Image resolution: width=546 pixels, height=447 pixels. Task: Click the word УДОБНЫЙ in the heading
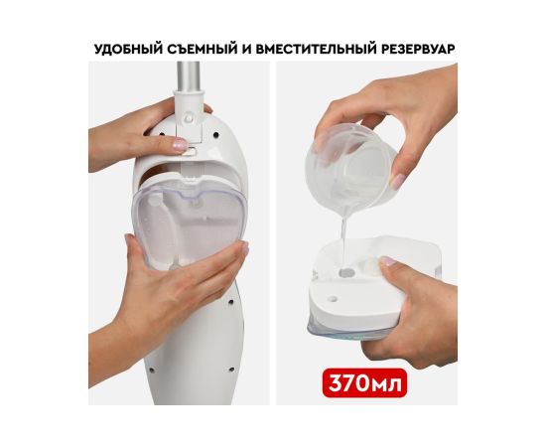tap(128, 49)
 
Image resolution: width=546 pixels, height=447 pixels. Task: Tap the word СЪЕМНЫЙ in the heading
tap(202, 49)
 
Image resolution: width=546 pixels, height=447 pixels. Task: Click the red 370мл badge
tap(364, 382)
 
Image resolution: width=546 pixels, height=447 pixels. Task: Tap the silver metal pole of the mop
tap(189, 76)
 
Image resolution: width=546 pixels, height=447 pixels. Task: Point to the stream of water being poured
tap(343, 240)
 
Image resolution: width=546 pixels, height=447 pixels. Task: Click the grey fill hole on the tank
tap(346, 271)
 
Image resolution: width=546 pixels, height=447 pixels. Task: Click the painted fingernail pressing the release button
tap(180, 144)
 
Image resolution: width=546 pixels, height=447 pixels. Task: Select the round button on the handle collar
tap(189, 118)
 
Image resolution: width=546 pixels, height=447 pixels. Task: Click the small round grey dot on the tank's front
tap(334, 299)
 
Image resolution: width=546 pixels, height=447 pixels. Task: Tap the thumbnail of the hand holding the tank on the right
tap(387, 261)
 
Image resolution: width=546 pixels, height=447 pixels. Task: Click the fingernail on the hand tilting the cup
tap(398, 181)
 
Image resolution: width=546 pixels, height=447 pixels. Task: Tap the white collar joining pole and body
tap(189, 115)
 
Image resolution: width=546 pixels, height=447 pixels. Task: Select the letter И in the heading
tap(246, 49)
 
